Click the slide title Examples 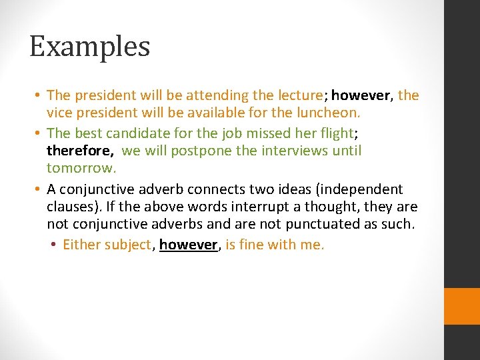90,47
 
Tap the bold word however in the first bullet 362,95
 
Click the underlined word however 189,245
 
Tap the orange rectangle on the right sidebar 462,306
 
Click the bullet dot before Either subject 53,245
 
